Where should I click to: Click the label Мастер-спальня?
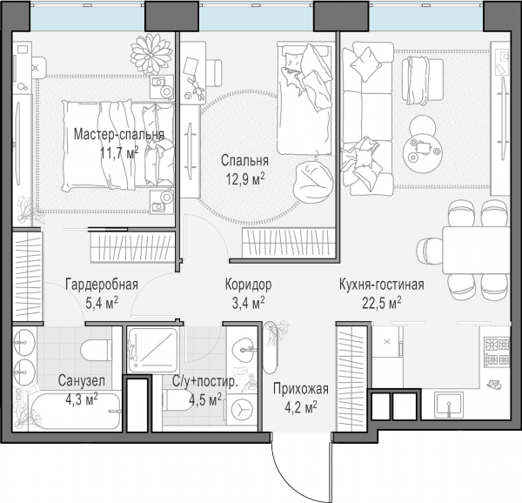119,135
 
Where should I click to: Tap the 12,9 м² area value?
245,179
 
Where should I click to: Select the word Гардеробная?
102,285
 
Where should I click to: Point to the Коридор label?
248,285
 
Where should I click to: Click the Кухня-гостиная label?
382,285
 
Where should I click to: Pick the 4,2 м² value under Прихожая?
301,407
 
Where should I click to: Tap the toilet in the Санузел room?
97,350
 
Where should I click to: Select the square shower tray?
153,350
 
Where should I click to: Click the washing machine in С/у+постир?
242,409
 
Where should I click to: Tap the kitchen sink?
450,405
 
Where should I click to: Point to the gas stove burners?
497,351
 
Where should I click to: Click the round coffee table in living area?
423,149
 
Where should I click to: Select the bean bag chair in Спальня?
313,182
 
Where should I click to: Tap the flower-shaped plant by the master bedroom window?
151,52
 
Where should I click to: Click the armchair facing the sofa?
422,80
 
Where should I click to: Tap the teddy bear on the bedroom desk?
197,88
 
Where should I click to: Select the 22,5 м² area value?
382,303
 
